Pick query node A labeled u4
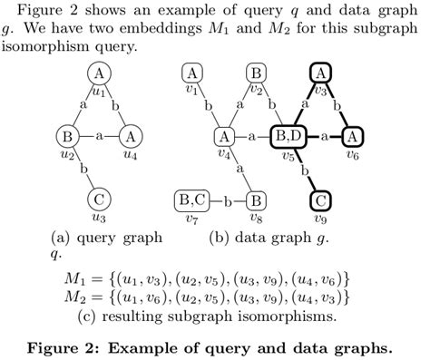click(131, 136)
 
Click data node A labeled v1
click(191, 73)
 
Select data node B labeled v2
click(257, 73)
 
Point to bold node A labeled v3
click(320, 73)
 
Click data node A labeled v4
click(223, 136)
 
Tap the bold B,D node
click(288, 136)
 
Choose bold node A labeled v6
click(353, 136)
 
